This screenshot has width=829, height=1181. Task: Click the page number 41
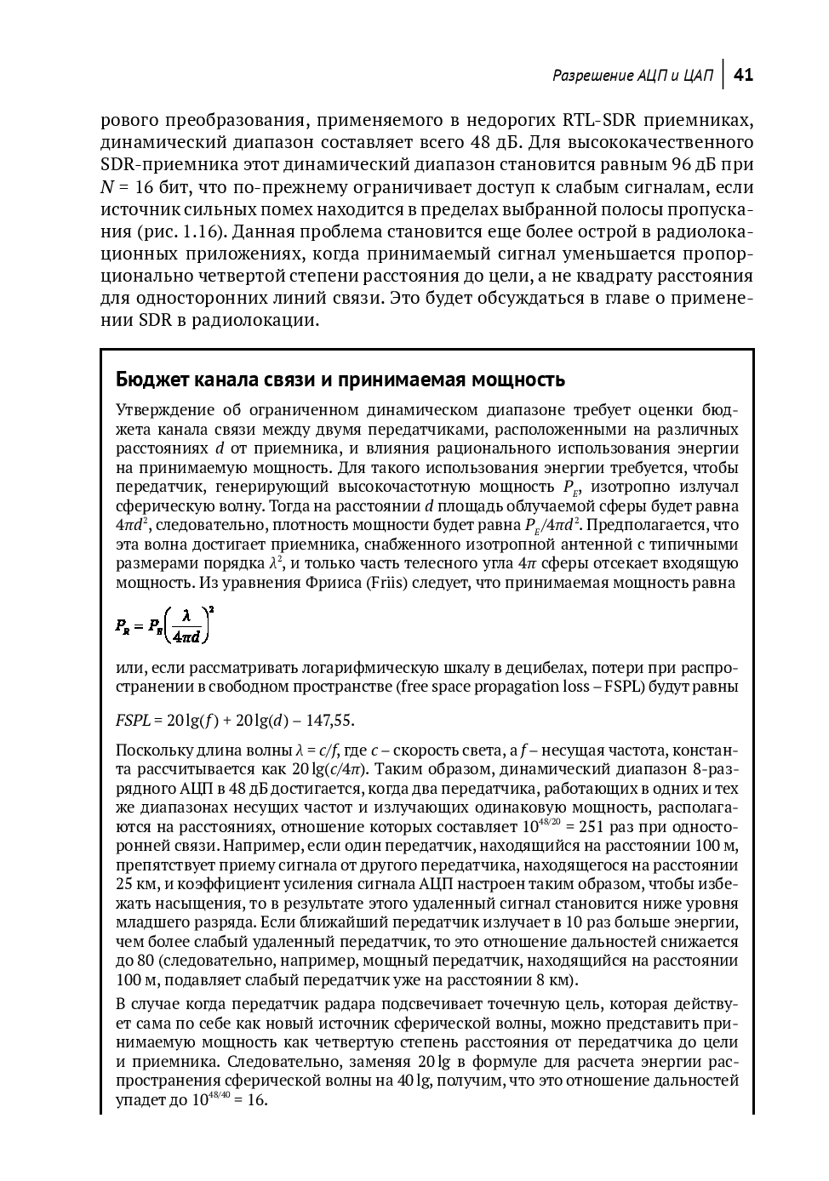click(x=743, y=75)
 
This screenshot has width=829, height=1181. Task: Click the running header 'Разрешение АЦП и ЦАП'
click(x=632, y=76)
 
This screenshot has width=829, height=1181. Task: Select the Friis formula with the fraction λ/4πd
click(x=164, y=626)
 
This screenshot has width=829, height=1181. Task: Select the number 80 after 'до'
click(x=146, y=961)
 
